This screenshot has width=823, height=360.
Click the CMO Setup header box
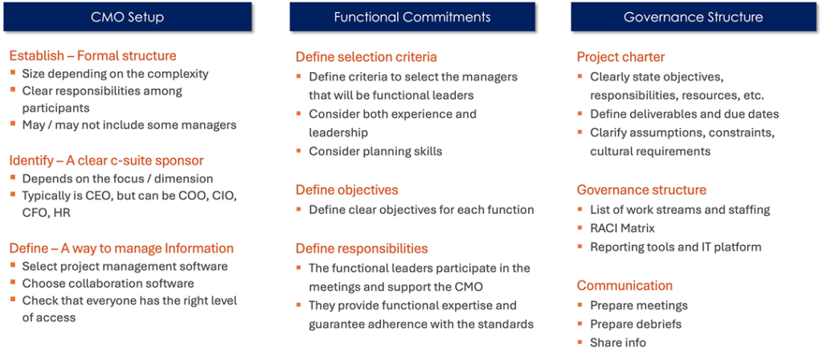click(128, 17)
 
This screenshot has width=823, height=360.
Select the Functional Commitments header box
click(412, 17)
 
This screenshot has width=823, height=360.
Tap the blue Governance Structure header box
click(694, 17)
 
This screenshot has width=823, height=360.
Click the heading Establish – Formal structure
click(93, 55)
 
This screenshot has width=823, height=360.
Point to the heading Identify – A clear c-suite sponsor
click(107, 160)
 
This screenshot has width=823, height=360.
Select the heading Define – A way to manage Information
click(121, 247)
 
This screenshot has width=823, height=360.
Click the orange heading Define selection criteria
click(366, 57)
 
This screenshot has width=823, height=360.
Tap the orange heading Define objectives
click(347, 190)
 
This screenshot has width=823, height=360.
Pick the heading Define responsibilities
click(362, 247)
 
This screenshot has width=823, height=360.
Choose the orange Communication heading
click(624, 285)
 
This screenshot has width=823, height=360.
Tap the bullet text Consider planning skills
click(376, 151)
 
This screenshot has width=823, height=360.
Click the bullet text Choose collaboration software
click(109, 284)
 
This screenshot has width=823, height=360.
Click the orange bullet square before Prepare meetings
click(580, 305)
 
